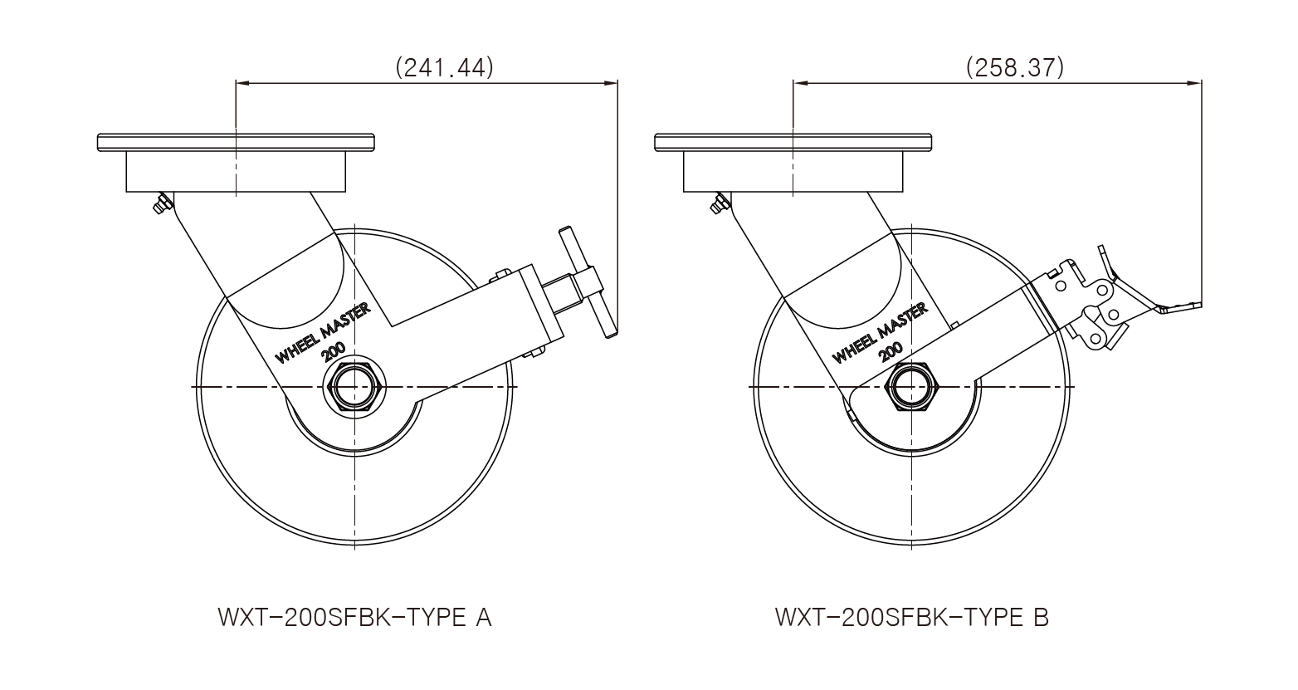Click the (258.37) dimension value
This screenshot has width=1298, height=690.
coord(1014,67)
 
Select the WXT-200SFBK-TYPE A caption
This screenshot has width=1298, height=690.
coord(354,619)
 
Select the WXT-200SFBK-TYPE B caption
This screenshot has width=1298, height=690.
coord(911,619)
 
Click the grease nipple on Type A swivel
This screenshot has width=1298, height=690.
coord(159,204)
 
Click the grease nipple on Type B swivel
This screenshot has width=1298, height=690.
coord(716,204)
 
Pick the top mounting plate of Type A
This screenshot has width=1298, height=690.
coord(236,142)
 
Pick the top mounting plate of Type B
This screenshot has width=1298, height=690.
coord(793,142)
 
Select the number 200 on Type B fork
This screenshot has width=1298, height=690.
coord(891,352)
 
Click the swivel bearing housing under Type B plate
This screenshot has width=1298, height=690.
coord(793,173)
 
